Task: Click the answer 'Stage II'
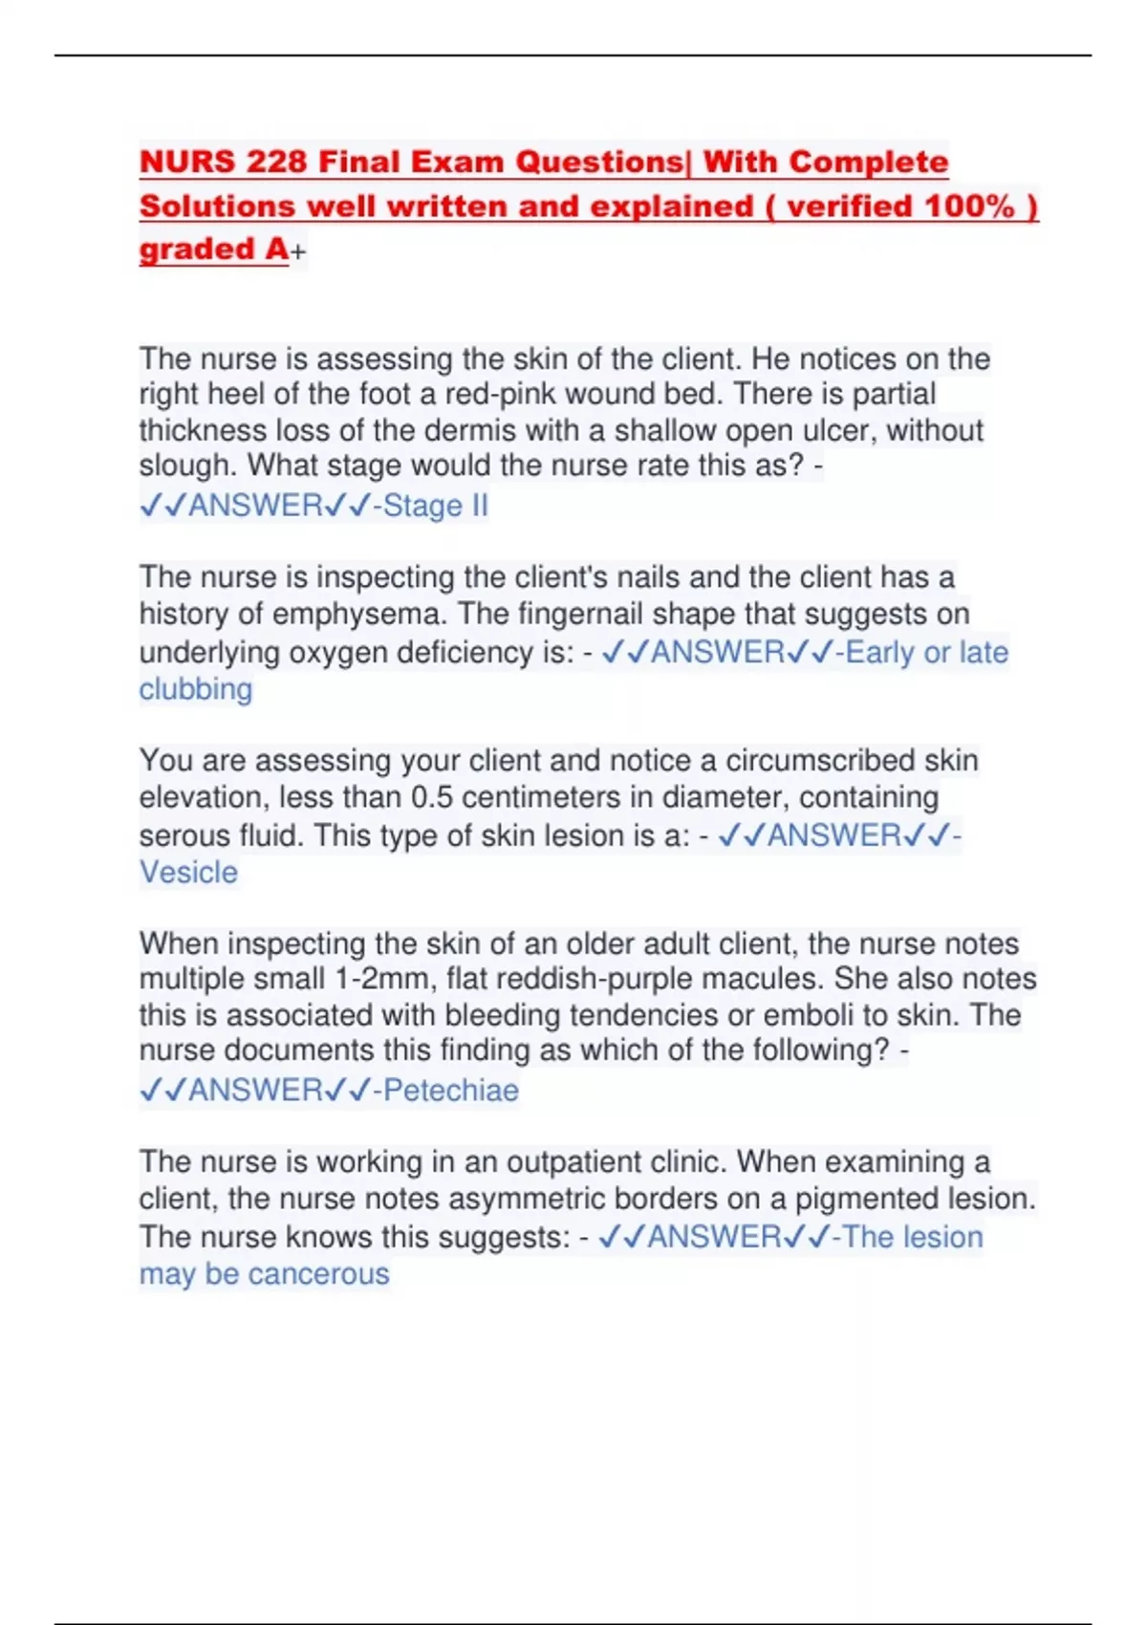pos(436,505)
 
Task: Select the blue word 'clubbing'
pos(196,689)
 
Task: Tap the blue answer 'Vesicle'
pos(188,873)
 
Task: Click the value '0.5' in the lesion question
pos(432,797)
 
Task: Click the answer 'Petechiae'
pos(451,1090)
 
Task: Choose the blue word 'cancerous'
pos(318,1274)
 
